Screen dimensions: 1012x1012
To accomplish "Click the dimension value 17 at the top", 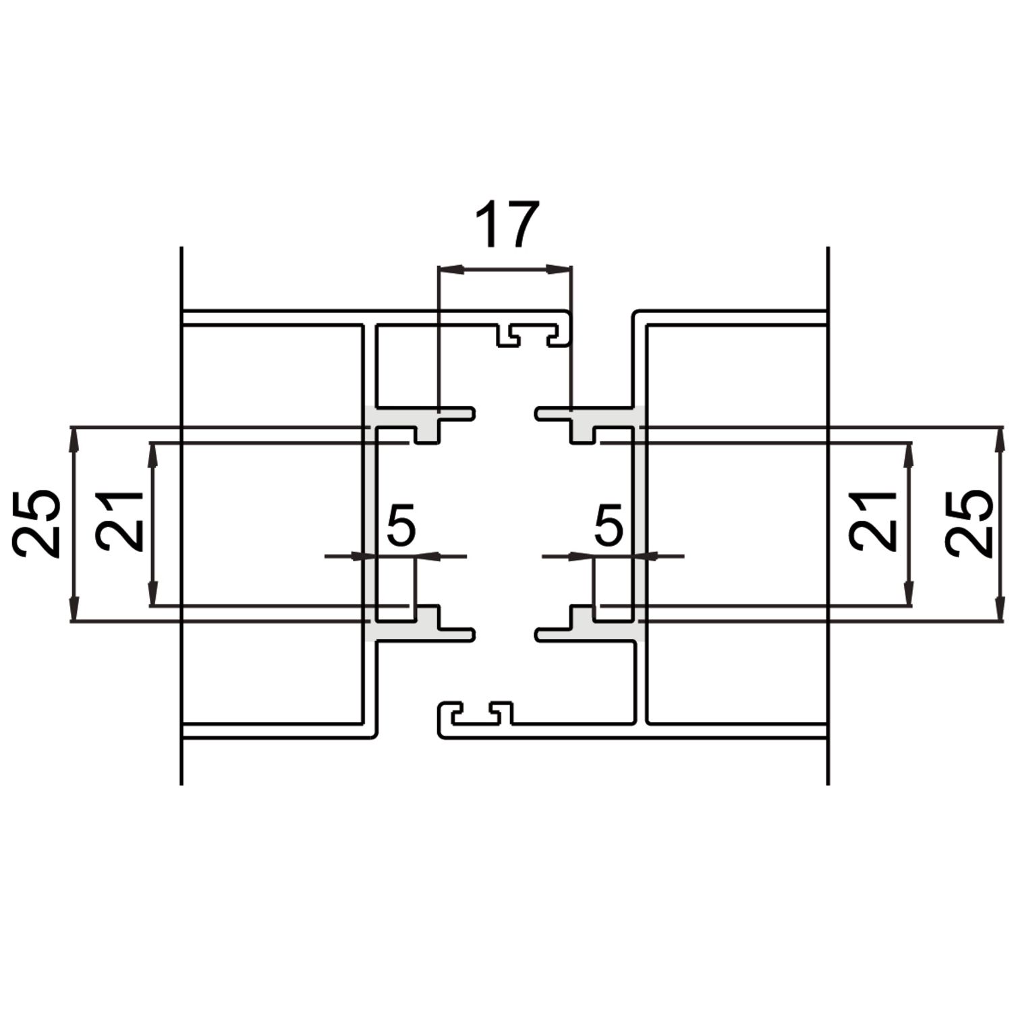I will [x=507, y=225].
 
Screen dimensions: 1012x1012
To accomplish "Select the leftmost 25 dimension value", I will [x=37, y=524].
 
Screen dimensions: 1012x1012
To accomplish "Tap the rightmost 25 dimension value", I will [x=968, y=524].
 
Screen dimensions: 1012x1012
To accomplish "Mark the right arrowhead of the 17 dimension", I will [x=563, y=270].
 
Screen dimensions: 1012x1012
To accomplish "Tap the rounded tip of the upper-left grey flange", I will [x=472, y=413].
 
